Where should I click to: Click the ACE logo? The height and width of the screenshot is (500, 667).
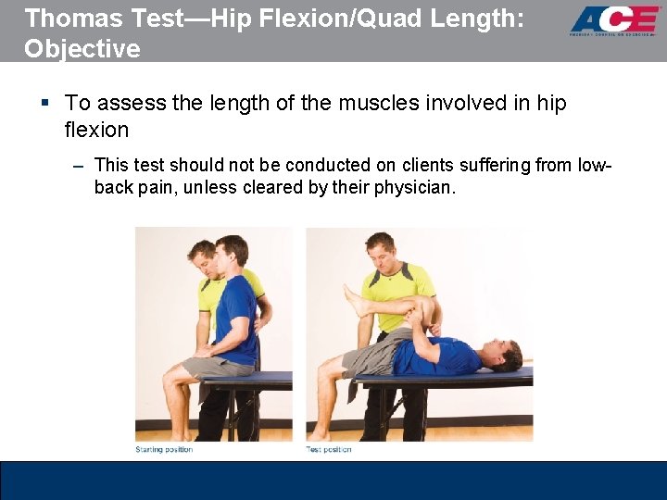(614, 20)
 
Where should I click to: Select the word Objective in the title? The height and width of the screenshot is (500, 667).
(82, 48)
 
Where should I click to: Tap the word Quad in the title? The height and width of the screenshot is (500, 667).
(391, 18)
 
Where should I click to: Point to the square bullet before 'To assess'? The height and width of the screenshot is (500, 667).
(45, 104)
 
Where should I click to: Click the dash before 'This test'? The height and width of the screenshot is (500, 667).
(78, 166)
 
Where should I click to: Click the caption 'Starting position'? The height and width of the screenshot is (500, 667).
(164, 449)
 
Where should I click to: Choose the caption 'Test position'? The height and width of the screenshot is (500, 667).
(330, 449)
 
